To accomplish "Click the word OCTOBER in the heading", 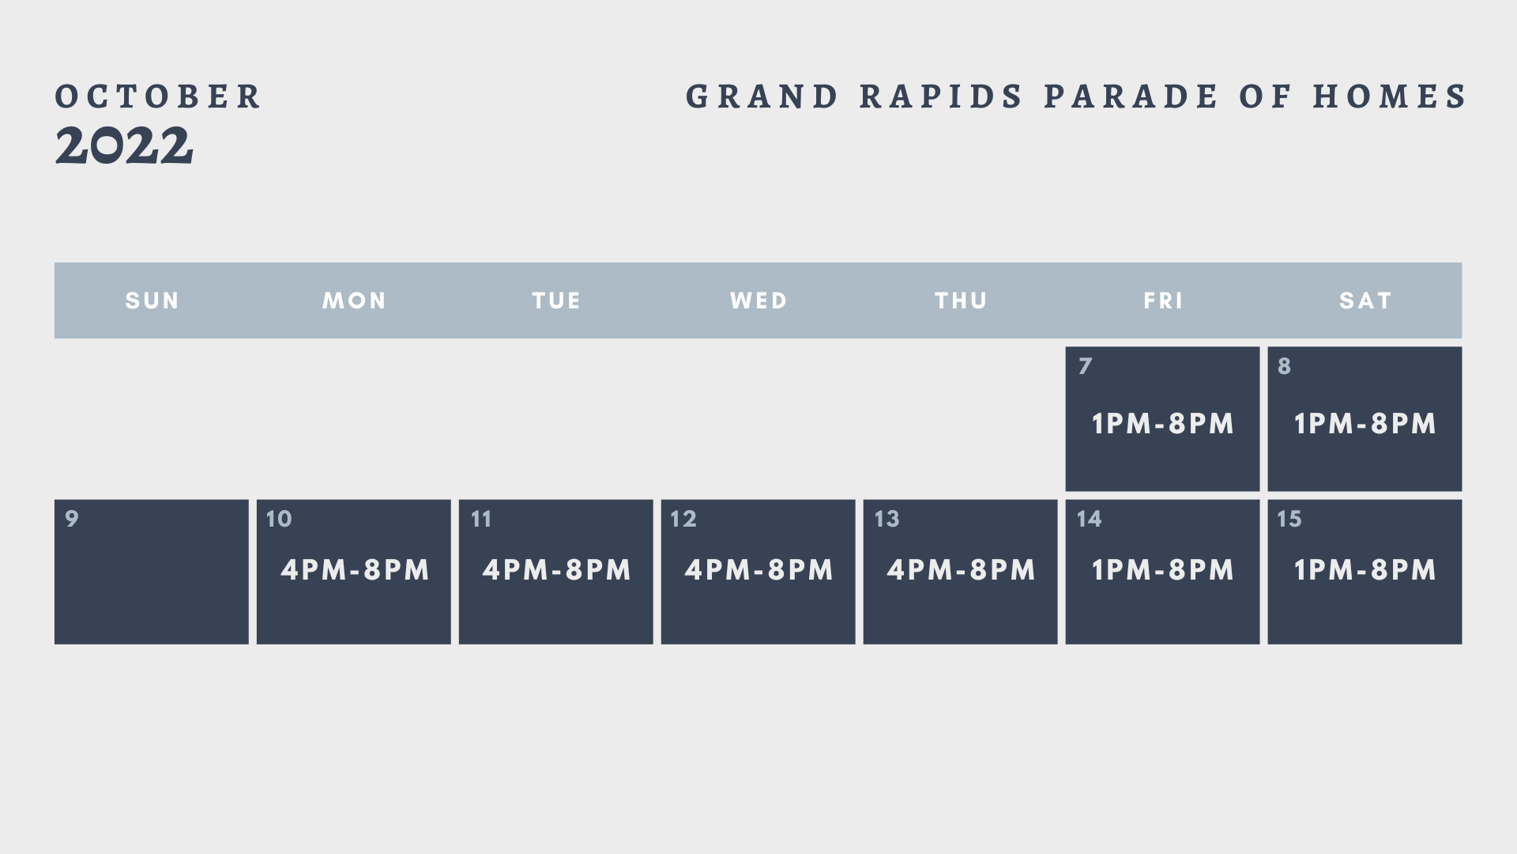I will click(158, 96).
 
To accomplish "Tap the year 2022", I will click(124, 146).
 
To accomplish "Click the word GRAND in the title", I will click(762, 96).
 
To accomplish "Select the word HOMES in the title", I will click(1390, 96).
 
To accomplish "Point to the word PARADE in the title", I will click(1131, 96).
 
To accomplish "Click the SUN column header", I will click(152, 300).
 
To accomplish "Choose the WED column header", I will click(758, 300).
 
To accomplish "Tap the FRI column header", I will click(1163, 300).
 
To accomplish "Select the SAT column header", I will click(1365, 300).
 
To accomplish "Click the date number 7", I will click(1085, 366).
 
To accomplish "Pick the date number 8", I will click(1285, 366).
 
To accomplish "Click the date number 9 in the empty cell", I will click(72, 519).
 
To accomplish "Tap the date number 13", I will click(886, 519).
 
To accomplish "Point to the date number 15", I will click(1289, 519).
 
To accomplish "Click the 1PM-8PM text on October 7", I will click(1162, 424).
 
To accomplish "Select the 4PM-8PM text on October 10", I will click(355, 570).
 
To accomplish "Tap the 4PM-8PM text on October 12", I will click(758, 570).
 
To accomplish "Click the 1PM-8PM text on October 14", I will click(1162, 570).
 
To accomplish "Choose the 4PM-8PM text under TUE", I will click(556, 570).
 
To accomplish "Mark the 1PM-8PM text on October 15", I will click(1365, 570).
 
